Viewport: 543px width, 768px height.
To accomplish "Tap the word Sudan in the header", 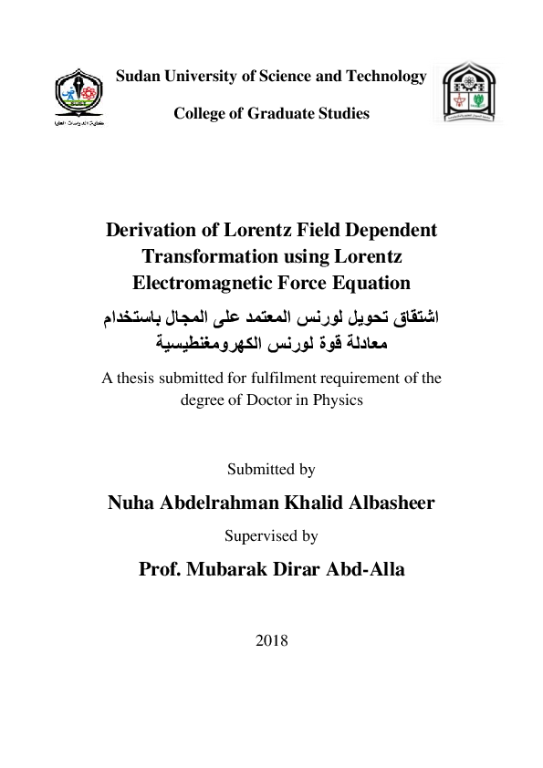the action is pos(137,77).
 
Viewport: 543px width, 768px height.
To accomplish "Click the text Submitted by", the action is pos(271,470).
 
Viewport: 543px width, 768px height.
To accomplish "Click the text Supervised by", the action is pos(271,536).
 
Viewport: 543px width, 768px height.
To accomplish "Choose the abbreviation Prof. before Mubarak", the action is pos(162,570).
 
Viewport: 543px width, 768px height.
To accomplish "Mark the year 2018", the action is pos(272,640).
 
